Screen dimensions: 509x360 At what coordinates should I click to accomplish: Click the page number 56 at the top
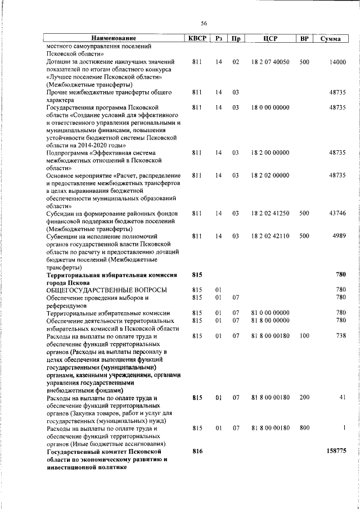(x=204, y=23)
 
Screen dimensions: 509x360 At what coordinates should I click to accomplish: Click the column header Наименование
(x=114, y=38)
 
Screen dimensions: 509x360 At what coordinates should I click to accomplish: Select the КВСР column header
(x=197, y=38)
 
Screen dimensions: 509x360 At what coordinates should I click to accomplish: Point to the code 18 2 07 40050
(x=270, y=61)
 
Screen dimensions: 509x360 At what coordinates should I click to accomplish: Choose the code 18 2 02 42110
(x=270, y=236)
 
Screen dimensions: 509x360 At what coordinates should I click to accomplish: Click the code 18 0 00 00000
(x=270, y=107)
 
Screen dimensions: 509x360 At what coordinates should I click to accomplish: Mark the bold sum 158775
(x=336, y=451)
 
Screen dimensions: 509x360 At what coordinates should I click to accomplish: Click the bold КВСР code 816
(x=197, y=451)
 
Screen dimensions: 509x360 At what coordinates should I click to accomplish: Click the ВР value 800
(x=304, y=428)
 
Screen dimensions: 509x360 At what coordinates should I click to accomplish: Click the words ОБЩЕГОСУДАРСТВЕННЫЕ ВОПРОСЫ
(x=106, y=289)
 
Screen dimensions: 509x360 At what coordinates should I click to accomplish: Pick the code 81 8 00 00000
(x=270, y=320)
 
